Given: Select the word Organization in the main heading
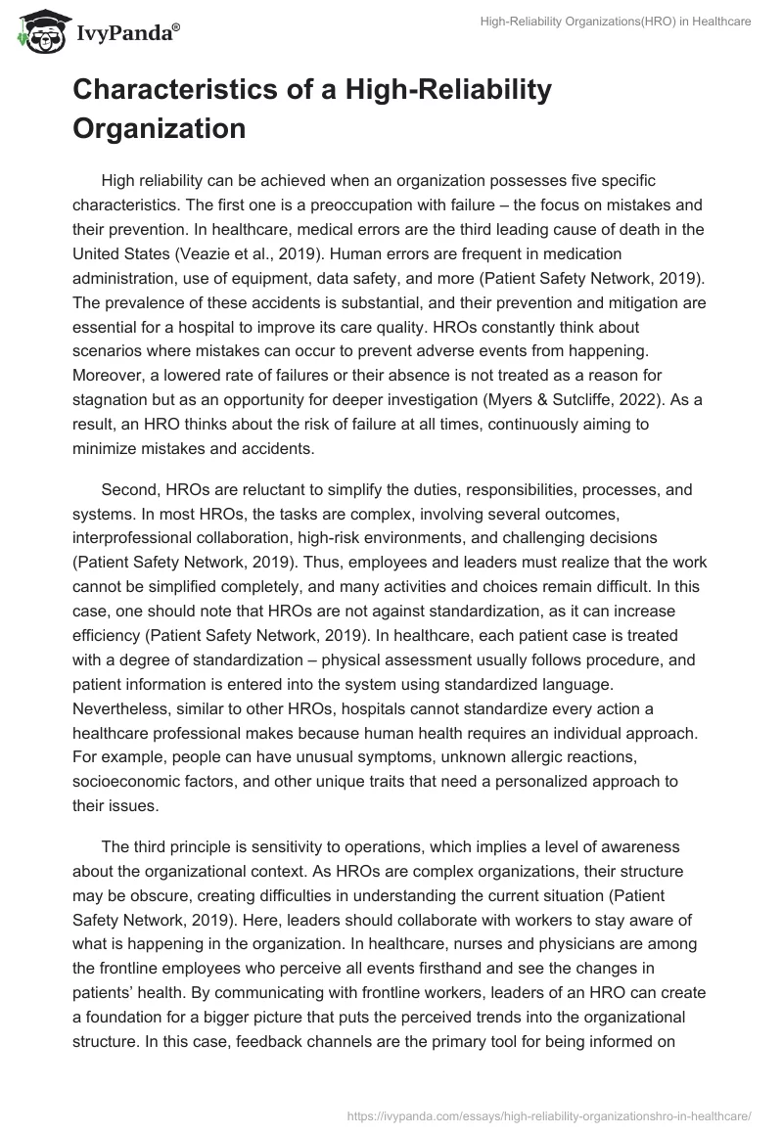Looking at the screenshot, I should tap(158, 128).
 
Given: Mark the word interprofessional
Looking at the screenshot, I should tap(143, 538).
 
